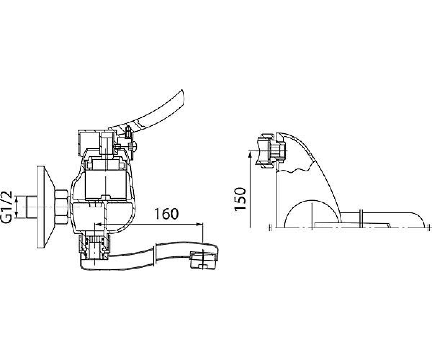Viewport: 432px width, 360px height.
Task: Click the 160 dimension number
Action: (x=166, y=214)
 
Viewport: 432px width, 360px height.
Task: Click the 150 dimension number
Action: (x=240, y=199)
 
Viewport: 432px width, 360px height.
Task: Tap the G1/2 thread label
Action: (x=8, y=207)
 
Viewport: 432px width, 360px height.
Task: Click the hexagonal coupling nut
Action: (x=62, y=207)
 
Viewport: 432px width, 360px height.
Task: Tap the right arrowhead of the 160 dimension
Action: (x=199, y=224)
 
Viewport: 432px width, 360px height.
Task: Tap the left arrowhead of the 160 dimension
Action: (x=98, y=224)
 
